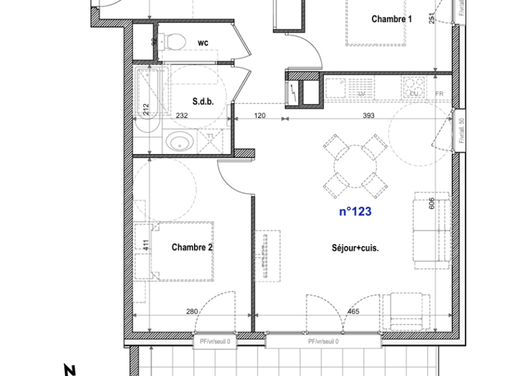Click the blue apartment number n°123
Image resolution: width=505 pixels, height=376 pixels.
[x=355, y=212]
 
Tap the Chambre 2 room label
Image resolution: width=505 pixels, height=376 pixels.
[x=192, y=247]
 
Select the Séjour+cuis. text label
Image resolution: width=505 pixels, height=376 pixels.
[x=355, y=248]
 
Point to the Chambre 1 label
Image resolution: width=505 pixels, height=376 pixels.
[x=391, y=19]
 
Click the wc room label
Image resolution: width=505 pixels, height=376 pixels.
[x=203, y=43]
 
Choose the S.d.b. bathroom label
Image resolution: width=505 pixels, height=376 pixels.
[x=203, y=102]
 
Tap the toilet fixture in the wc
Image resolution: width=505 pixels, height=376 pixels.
[x=173, y=41]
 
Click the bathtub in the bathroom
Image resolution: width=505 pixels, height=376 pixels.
[x=147, y=100]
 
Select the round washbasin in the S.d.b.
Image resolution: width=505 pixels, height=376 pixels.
[x=178, y=141]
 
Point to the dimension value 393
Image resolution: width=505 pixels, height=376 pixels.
[x=368, y=116]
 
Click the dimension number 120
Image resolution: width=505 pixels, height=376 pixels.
[x=260, y=116]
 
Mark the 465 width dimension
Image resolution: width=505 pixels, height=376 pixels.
[x=353, y=311]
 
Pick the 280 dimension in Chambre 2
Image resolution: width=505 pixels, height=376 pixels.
[x=192, y=311]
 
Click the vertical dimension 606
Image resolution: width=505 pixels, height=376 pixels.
[x=432, y=203]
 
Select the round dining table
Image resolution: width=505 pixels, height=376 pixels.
[x=355, y=163]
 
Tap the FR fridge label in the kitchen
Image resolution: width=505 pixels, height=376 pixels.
[x=439, y=94]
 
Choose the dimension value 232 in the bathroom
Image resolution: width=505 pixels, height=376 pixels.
[x=181, y=116]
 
